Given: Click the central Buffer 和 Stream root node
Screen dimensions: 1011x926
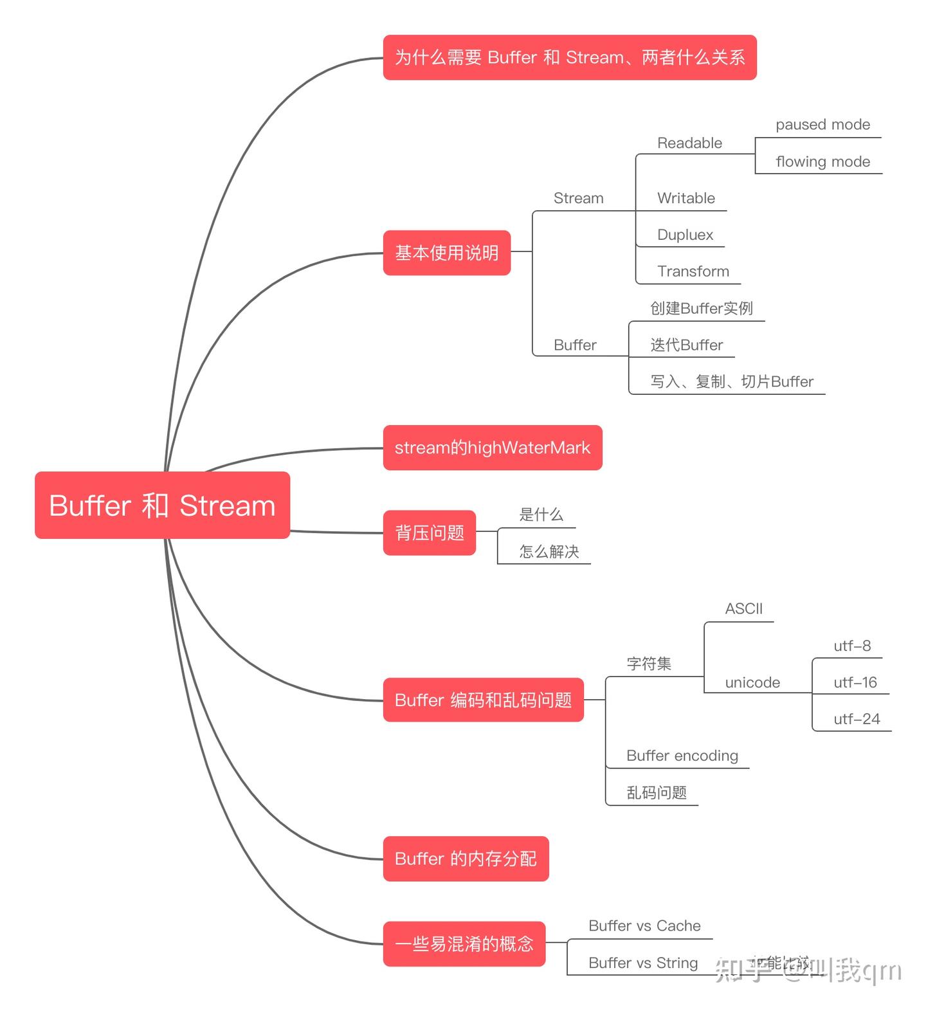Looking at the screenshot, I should (162, 506).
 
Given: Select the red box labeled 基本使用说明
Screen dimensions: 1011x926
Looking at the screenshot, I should (446, 253).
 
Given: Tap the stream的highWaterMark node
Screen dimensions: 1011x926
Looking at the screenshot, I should (492, 448).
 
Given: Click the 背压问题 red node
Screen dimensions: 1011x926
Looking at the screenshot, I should (429, 533).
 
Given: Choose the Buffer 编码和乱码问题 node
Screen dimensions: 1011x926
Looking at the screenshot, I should (483, 700).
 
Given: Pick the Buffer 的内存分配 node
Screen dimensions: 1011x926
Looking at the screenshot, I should (466, 859).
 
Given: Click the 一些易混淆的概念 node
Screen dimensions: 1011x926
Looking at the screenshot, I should (464, 943).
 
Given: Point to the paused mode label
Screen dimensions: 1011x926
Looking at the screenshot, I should (822, 125).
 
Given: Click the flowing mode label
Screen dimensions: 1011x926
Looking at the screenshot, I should (822, 161).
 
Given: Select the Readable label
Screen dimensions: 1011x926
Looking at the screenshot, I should (689, 143).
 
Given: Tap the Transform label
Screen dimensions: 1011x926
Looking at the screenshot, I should (693, 271).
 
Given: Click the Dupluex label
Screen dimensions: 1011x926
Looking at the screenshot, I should (685, 235).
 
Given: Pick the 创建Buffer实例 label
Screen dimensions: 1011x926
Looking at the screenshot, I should (701, 308).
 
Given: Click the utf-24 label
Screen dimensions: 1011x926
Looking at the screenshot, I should (856, 719).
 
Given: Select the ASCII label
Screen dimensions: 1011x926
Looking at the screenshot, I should (743, 608).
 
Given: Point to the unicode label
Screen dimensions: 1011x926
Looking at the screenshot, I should (752, 682).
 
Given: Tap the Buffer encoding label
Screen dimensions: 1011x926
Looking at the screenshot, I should (682, 756).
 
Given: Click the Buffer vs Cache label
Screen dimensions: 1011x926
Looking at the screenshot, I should (644, 925).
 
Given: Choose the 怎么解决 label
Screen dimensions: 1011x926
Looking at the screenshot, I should (549, 551).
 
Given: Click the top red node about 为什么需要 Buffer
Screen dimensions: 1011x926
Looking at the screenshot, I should (569, 57).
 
